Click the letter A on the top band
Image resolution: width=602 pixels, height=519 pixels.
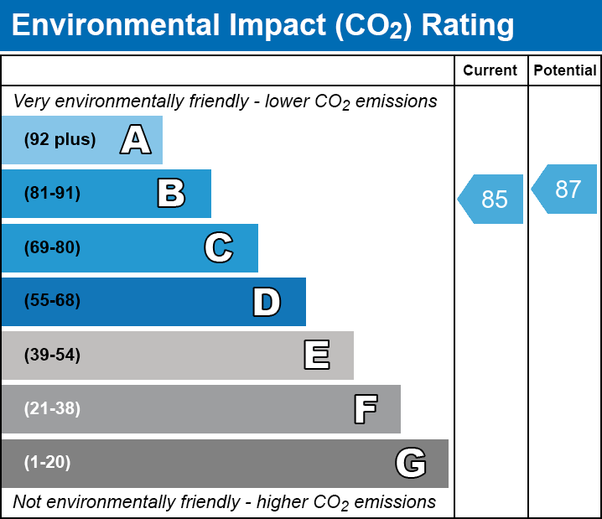click(x=135, y=140)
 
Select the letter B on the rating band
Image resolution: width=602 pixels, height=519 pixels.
click(x=171, y=194)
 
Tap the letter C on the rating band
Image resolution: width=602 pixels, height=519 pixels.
click(x=218, y=247)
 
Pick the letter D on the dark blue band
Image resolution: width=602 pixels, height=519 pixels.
click(x=267, y=302)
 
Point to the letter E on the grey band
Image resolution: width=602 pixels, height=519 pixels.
click(x=316, y=356)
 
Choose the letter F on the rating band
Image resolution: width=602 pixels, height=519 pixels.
click(x=365, y=409)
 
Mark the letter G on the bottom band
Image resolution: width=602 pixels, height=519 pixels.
click(x=411, y=463)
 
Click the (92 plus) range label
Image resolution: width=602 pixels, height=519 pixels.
click(x=60, y=140)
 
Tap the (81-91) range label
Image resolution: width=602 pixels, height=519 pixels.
click(x=52, y=194)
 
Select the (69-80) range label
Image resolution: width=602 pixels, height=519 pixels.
click(x=52, y=247)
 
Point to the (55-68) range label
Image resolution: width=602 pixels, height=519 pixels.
click(x=52, y=301)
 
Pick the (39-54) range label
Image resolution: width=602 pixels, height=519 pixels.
click(x=52, y=355)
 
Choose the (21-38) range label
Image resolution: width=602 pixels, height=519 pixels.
click(x=52, y=409)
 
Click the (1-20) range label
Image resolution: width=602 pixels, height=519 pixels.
click(x=48, y=463)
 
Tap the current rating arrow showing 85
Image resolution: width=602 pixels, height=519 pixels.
click(x=492, y=200)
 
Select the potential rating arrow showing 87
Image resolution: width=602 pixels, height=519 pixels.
click(x=566, y=189)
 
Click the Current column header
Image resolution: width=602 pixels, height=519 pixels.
click(x=490, y=71)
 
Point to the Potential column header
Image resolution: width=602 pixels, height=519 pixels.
click(x=565, y=71)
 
